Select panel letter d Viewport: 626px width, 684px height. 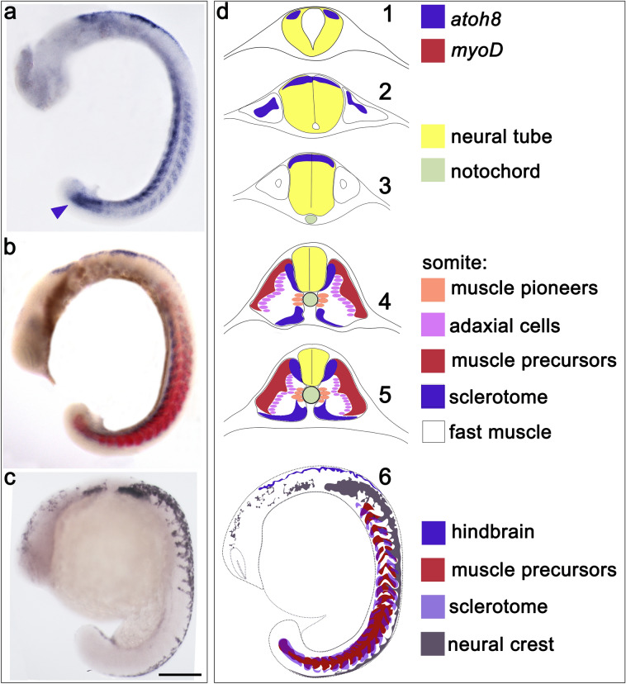click(224, 13)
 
